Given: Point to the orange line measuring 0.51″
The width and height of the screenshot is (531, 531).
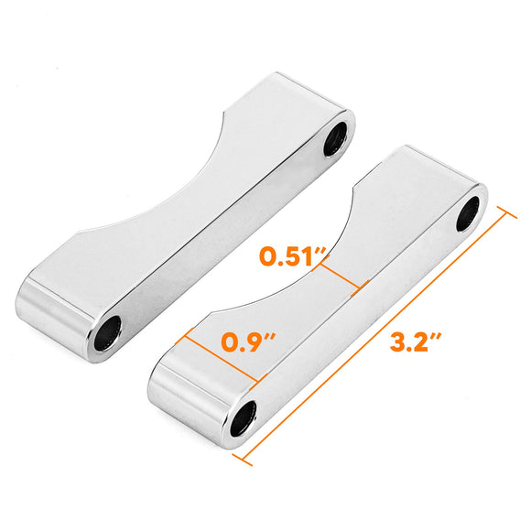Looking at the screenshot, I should pyautogui.click(x=341, y=275).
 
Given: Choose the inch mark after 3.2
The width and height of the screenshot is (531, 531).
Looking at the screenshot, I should pyautogui.click(x=439, y=337).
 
